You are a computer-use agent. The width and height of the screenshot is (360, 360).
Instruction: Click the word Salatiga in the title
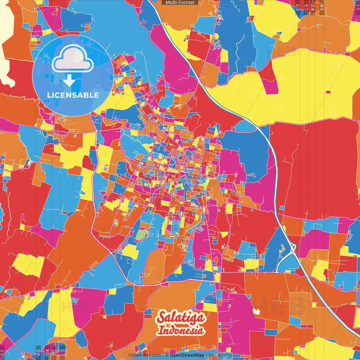[181, 318]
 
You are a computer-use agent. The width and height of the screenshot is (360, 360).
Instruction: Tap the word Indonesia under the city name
[181, 330]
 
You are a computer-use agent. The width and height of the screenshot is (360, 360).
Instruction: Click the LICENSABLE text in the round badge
[73, 95]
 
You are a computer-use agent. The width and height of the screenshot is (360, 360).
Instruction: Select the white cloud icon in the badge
[73, 59]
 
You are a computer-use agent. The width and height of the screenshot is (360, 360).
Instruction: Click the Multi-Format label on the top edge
[180, 3]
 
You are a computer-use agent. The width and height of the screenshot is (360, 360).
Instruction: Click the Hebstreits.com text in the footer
[145, 355]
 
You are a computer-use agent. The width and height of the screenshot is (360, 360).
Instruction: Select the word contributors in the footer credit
[219, 355]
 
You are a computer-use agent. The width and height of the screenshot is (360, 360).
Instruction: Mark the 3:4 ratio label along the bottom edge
[47, 353]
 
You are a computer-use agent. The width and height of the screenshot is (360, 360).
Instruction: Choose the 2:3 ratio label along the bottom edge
[62, 353]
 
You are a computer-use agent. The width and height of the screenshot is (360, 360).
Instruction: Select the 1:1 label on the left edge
[3, 353]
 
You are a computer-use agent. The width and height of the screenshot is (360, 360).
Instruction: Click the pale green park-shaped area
[142, 235]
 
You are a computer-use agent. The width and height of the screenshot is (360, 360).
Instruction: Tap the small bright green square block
[231, 192]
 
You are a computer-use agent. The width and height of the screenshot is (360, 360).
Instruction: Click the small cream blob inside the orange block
[256, 311]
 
